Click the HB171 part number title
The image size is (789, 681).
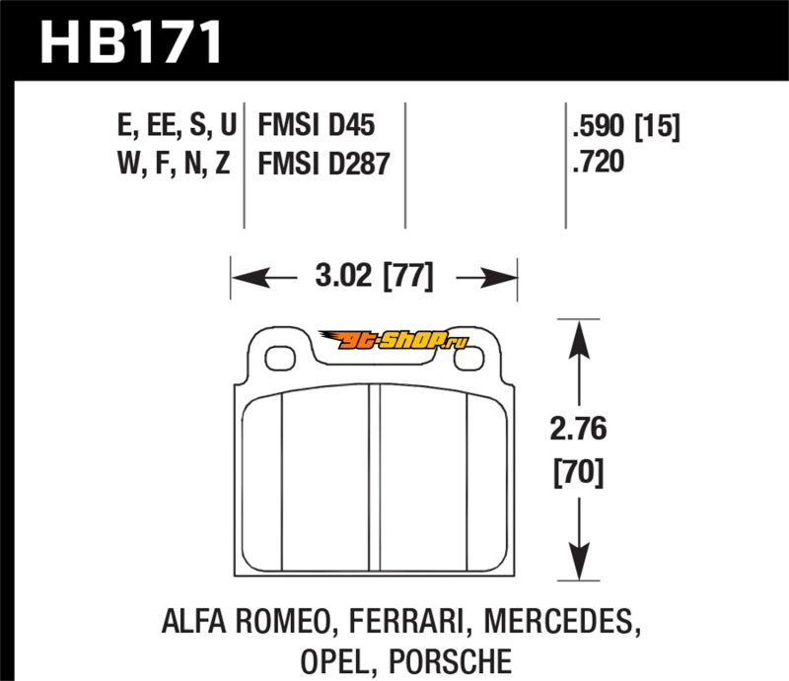click(131, 41)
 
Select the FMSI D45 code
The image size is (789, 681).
click(316, 125)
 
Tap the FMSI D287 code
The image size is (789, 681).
click(323, 164)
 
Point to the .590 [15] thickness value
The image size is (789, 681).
click(626, 126)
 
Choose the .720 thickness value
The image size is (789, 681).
click(599, 162)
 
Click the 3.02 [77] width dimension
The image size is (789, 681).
click(374, 276)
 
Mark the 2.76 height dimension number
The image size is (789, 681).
click(578, 429)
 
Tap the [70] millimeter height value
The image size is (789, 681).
click(578, 473)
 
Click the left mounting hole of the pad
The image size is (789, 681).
click(280, 359)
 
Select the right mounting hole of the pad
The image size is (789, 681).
click(469, 359)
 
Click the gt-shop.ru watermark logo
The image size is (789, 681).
click(394, 341)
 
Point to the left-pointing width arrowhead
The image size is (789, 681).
click(250, 277)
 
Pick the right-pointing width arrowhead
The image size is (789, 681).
click(499, 277)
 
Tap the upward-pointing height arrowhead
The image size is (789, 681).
click(579, 339)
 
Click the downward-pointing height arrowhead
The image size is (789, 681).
click(579, 562)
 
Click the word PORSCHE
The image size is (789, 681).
click(451, 662)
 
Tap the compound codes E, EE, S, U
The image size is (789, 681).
click(177, 125)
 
